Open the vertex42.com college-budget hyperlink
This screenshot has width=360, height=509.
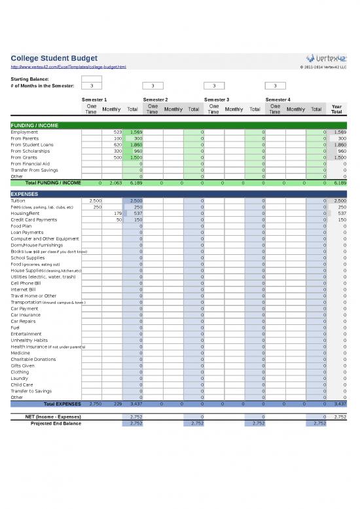pyautogui.click(x=68, y=67)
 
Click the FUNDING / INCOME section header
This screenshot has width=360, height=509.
pyautogui.click(x=34, y=124)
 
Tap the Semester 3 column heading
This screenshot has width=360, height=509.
pyautogui.click(x=217, y=99)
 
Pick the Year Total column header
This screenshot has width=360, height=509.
pyautogui.click(x=336, y=109)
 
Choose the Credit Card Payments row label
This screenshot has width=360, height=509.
pyautogui.click(x=34, y=219)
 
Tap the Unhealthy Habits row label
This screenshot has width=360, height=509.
pyautogui.click(x=29, y=340)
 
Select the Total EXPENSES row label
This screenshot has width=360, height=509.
pyautogui.click(x=62, y=404)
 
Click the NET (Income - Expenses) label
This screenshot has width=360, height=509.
pyautogui.click(x=53, y=416)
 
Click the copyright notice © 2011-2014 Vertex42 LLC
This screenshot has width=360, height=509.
pyautogui.click(x=322, y=67)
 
